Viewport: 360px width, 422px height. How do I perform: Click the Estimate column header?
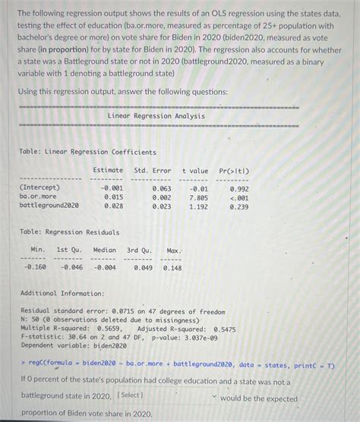108,171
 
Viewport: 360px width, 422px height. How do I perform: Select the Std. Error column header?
153,171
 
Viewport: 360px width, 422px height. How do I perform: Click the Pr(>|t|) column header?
234,171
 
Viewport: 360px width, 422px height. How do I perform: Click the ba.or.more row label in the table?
38,196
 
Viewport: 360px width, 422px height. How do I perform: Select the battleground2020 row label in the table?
49,205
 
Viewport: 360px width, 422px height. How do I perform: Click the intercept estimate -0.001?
112,187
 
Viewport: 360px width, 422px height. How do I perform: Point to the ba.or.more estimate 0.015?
113,196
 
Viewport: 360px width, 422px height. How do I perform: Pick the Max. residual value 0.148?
172,266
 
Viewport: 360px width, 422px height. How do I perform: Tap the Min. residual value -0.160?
35,266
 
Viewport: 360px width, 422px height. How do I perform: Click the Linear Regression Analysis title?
156,116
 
